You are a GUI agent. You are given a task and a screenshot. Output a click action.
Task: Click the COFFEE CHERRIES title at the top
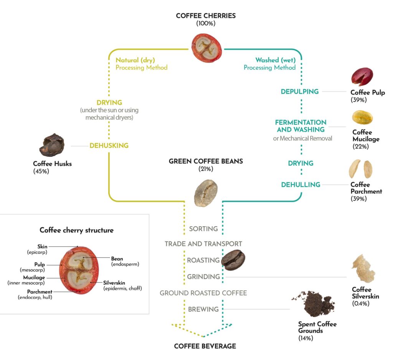pos(206,16)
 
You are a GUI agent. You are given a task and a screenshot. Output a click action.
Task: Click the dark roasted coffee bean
pos(234,260)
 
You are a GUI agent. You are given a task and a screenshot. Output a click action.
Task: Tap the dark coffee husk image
pos(52,145)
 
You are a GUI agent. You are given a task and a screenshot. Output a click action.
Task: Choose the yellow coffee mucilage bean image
pos(363,117)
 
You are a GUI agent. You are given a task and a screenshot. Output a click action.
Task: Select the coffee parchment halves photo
pos(360,169)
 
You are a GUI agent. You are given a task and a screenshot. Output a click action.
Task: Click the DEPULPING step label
pos(300,92)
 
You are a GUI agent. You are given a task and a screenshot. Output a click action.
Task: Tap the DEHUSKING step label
pos(109,146)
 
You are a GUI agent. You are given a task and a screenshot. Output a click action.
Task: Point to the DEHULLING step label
pos(301,185)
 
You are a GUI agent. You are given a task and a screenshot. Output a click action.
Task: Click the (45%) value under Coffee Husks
pos(41,171)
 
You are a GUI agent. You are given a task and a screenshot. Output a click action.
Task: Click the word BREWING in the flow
pos(203,309)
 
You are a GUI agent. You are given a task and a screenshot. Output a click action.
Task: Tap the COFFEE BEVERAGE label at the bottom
pos(205,346)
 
